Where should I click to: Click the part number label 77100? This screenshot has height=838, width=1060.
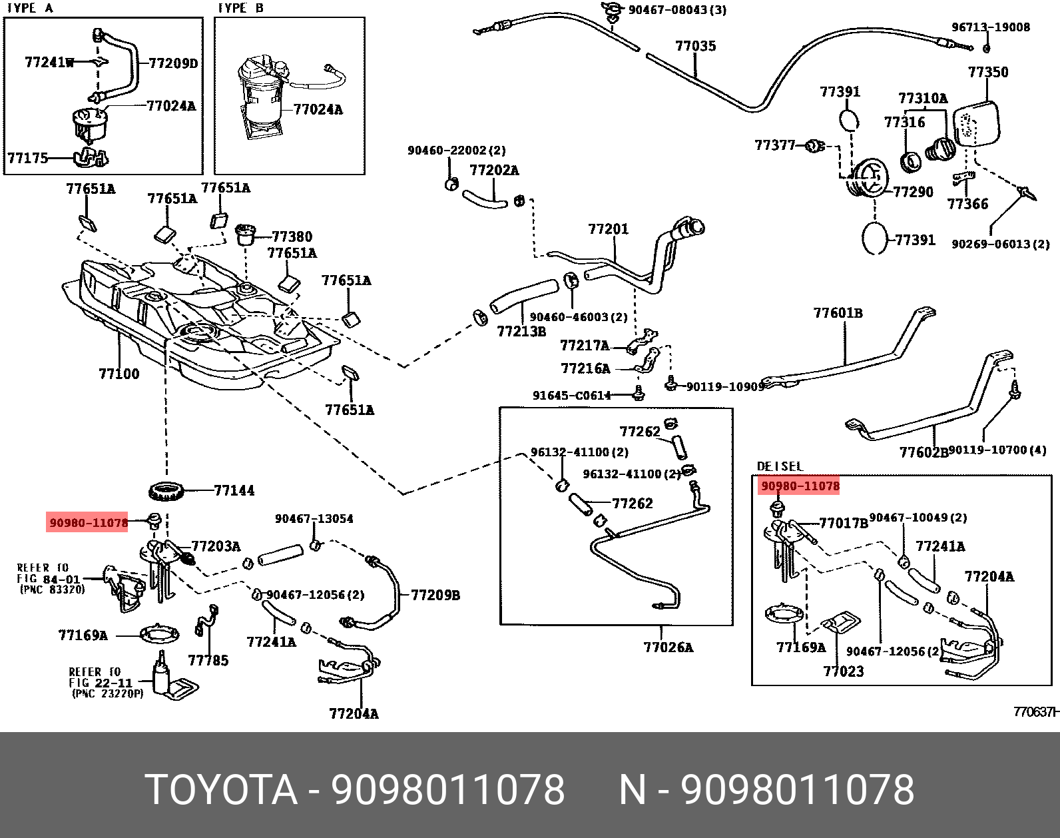click(119, 374)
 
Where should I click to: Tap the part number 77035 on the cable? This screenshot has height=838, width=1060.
click(696, 46)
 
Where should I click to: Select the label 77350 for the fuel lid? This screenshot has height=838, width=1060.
click(988, 72)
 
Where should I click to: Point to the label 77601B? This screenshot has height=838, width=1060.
click(838, 313)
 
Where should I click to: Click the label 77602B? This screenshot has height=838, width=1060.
click(923, 452)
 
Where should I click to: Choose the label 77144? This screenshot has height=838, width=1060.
click(234, 491)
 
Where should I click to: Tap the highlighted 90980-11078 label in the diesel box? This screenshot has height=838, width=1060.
click(800, 486)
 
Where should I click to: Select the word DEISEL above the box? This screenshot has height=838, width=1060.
click(780, 466)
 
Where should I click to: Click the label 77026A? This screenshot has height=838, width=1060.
click(668, 647)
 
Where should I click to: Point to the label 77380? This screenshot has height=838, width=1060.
click(292, 236)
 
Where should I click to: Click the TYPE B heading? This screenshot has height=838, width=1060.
click(241, 8)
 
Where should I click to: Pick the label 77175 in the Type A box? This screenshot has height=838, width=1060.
click(28, 158)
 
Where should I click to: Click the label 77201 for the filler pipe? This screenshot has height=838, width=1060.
click(608, 229)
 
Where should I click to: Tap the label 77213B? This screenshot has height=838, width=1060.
click(521, 331)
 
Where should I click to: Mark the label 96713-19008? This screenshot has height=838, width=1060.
click(990, 27)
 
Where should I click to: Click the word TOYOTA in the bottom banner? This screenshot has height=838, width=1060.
click(221, 789)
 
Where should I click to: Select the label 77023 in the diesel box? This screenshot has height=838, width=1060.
click(843, 671)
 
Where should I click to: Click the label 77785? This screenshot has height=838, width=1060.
click(208, 660)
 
